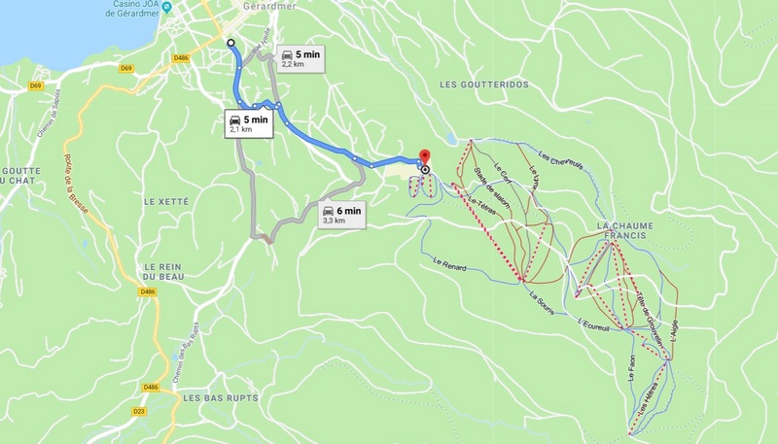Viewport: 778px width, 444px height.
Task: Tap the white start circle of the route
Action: click(230, 43)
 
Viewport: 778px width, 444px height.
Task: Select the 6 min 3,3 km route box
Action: click(341, 215)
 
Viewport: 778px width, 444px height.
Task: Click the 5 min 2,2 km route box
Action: click(300, 59)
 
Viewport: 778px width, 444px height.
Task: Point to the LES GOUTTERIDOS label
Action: click(483, 85)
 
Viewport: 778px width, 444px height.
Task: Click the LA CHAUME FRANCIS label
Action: click(624, 232)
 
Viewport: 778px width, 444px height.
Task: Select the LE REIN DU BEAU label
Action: click(163, 272)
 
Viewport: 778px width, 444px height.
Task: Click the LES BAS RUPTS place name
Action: click(209, 397)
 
